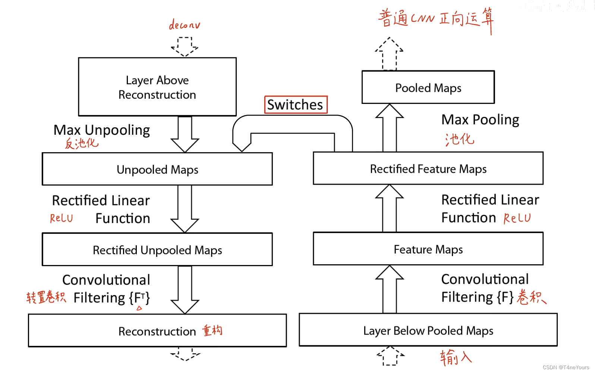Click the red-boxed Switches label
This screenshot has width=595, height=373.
point(295,105)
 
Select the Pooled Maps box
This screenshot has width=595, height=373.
point(428,88)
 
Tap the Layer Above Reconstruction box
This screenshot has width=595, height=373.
point(157,87)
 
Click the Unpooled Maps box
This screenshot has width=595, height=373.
point(157,169)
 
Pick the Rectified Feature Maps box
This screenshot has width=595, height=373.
point(428,169)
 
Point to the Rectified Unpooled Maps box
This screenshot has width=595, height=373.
point(157,250)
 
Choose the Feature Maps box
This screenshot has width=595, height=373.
point(428,249)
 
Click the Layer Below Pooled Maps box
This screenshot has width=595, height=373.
point(428,331)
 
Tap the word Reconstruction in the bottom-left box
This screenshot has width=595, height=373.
point(157,331)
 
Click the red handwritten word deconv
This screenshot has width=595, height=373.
point(184,25)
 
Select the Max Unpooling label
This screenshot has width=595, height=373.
point(101,130)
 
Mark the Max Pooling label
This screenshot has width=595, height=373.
point(480,119)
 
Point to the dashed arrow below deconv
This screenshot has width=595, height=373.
point(185,47)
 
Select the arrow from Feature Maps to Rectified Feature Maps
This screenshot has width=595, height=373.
point(390,208)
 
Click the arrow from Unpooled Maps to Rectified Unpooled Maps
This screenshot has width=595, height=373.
point(185,209)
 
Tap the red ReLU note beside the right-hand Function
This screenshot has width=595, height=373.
point(517,218)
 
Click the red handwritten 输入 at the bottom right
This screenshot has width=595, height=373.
point(456,357)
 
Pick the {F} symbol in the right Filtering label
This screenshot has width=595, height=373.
point(505,297)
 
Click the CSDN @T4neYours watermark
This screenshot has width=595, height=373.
point(566,367)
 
